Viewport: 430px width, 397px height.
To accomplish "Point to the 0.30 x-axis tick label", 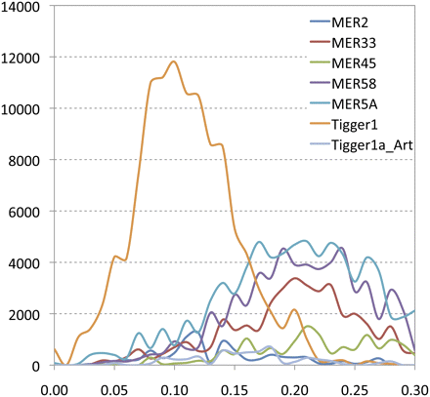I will [x=412, y=385].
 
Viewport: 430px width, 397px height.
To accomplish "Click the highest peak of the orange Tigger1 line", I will [x=174, y=62].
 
